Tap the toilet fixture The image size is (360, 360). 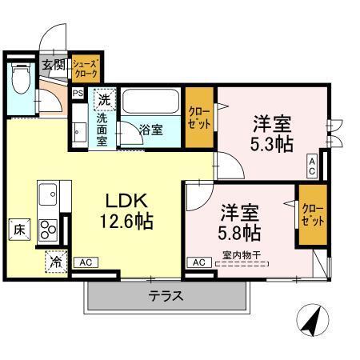tap(21, 80)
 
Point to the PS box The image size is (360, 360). tap(78, 93)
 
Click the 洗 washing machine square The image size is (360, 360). tap(103, 100)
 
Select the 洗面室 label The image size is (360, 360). tap(102, 128)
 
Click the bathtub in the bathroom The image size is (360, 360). tap(152, 104)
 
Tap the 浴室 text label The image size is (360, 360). tap(151, 129)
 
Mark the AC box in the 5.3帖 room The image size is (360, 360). tap(311, 166)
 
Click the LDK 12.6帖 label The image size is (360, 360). tap(126, 209)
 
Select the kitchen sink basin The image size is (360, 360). tap(46, 194)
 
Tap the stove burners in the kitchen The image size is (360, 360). tap(48, 229)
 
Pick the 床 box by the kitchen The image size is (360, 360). tap(19, 229)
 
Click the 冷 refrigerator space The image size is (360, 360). tap(57, 261)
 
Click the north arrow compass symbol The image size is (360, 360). tap(313, 322)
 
